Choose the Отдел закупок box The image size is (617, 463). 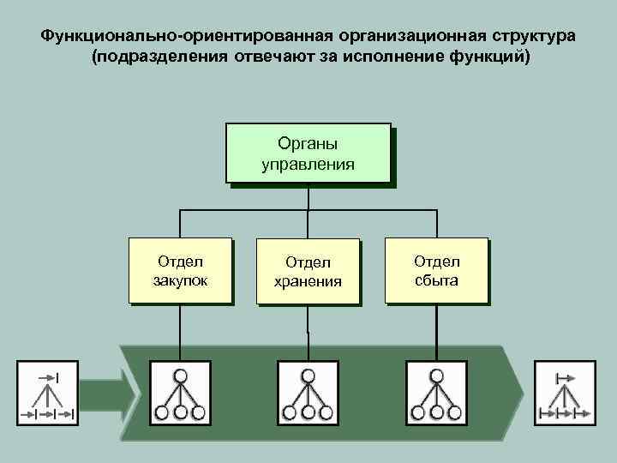(x=179, y=269)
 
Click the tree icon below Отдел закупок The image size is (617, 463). (x=180, y=392)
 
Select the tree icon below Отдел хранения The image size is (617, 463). (x=308, y=392)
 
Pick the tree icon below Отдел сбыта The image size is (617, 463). (x=436, y=392)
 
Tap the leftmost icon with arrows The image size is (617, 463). (x=47, y=393)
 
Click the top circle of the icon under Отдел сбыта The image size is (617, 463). (x=437, y=375)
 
